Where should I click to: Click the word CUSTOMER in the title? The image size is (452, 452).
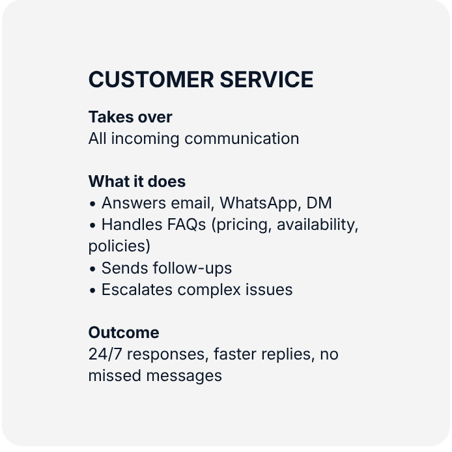(x=151, y=79)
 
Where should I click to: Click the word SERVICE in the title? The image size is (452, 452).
(x=266, y=79)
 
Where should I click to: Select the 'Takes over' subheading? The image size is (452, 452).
(x=130, y=117)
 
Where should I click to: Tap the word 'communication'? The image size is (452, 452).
(x=242, y=138)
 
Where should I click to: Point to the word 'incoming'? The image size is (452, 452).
(x=145, y=139)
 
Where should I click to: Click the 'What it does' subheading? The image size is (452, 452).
(x=137, y=181)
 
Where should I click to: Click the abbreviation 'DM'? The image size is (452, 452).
(x=319, y=203)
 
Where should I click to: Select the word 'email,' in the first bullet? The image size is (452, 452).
(x=193, y=203)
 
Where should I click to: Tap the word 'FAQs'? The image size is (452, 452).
(x=186, y=225)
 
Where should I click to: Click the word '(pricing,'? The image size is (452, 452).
(x=242, y=225)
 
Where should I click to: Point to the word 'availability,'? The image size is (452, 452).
(x=317, y=225)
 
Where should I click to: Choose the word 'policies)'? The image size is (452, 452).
(x=119, y=247)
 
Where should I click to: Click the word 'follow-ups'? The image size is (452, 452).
(x=192, y=269)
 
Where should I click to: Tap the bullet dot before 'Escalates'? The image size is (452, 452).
(x=92, y=290)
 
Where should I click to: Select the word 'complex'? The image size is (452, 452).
(x=209, y=290)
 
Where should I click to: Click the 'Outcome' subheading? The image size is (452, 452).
(x=124, y=332)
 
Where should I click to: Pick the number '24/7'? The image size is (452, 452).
(x=105, y=354)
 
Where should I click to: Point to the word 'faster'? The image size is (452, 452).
(x=235, y=354)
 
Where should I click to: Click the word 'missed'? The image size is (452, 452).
(x=115, y=376)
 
